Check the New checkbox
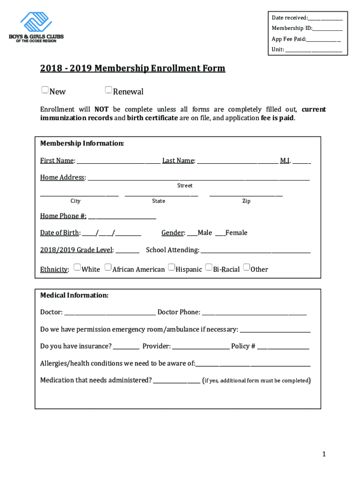tap(45, 90)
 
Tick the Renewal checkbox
tap(108, 90)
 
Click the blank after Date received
tap(325, 18)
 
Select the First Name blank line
tap(118, 161)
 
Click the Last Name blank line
tap(237, 161)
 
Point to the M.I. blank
tap(302, 161)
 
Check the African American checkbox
tap(108, 268)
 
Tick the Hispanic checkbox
tap(171, 268)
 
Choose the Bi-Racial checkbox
tap(209, 268)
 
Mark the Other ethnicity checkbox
tap(246, 268)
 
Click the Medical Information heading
tap(74, 296)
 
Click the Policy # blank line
tap(283, 347)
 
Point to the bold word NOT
tap(101, 109)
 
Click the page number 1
tap(323, 454)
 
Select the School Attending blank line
tap(255, 250)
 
